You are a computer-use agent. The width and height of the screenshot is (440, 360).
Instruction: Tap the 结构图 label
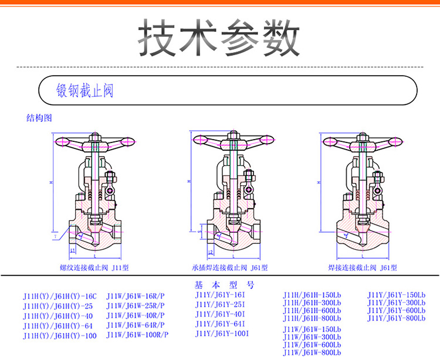[x=39, y=117]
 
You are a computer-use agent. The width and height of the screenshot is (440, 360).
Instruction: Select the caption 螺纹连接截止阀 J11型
[x=94, y=267]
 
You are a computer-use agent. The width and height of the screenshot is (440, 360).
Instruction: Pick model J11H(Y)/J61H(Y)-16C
[x=59, y=297]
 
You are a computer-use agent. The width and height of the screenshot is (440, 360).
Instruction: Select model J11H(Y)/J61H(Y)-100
[x=59, y=336]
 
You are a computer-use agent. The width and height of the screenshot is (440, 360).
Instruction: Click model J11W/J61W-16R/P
[x=136, y=296]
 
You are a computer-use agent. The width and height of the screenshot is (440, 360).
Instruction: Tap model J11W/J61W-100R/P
[x=137, y=335]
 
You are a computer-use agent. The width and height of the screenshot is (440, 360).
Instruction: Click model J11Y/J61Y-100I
[x=224, y=334]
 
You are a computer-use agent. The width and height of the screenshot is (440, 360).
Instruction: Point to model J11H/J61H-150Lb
[x=312, y=294]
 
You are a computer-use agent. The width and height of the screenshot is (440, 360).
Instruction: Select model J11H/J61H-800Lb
[x=312, y=318]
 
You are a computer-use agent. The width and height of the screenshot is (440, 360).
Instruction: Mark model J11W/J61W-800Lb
[x=312, y=352]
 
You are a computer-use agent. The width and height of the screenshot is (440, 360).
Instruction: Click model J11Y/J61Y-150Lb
[x=396, y=294]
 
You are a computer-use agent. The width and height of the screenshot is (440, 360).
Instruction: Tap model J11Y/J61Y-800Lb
[x=396, y=318]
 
